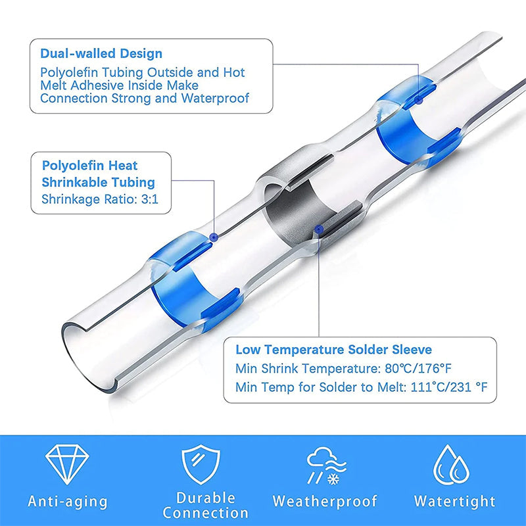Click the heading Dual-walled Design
point(101,53)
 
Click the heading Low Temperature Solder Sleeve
point(333,350)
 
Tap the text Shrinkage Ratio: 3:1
point(100,198)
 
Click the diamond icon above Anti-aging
point(68,464)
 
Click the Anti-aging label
point(68,502)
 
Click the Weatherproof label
point(325,502)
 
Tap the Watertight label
point(454,502)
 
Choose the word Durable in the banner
point(205,498)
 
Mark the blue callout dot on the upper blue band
point(418,99)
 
